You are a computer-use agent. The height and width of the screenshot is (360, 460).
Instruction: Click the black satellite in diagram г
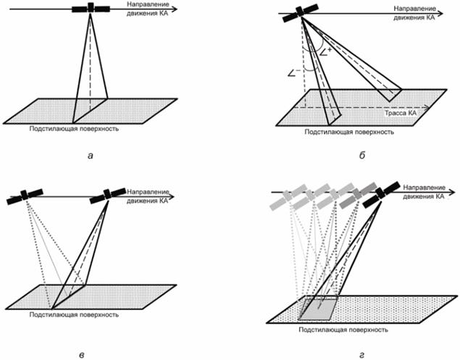click(x=377, y=193)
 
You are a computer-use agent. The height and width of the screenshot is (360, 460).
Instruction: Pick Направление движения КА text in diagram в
click(x=149, y=195)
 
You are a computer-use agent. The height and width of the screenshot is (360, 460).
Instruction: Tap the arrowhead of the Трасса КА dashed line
click(x=432, y=106)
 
